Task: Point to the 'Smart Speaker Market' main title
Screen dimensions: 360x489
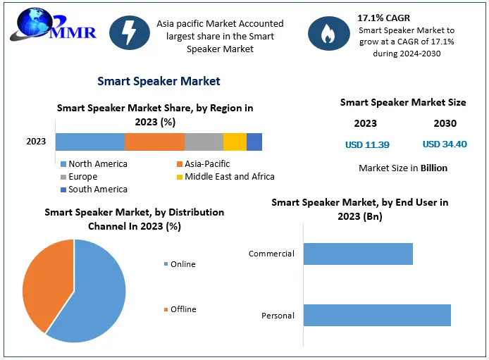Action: [x=159, y=81]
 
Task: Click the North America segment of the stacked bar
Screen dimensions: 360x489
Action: [x=89, y=142]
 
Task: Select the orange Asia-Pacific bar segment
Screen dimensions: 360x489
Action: [x=154, y=142]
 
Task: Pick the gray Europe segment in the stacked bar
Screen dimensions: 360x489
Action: [x=204, y=142]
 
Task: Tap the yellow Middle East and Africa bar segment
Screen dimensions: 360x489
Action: [x=235, y=142]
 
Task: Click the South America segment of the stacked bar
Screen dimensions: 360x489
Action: [x=254, y=142]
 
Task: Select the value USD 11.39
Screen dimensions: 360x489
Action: [x=367, y=144]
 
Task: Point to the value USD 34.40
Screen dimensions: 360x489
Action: [x=445, y=144]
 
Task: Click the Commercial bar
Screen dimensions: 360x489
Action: [x=358, y=254]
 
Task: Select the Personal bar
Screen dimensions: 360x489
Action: [x=377, y=316]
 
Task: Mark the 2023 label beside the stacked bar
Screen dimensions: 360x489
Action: [x=36, y=142]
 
